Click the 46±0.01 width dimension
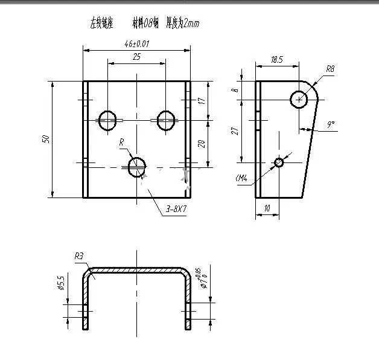pyautogui.click(x=136, y=44)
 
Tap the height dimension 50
pyautogui.click(x=45, y=139)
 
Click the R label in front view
pyautogui.click(x=121, y=142)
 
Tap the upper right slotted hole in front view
pyautogui.click(x=166, y=120)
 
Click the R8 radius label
pyautogui.click(x=330, y=69)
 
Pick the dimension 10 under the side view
pyautogui.click(x=267, y=208)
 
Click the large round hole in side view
pyautogui.click(x=299, y=98)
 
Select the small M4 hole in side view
pyautogui.click(x=279, y=162)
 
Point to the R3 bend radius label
pyautogui.click(x=78, y=257)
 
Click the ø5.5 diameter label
pyautogui.click(x=60, y=283)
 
